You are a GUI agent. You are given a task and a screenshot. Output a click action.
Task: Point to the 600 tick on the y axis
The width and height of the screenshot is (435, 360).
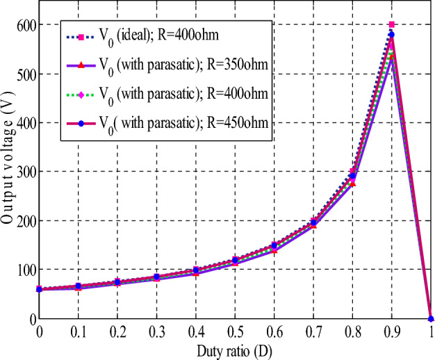pyautogui.click(x=21, y=25)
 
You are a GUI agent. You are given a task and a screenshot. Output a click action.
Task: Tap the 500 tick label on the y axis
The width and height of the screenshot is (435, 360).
pyautogui.click(x=21, y=74)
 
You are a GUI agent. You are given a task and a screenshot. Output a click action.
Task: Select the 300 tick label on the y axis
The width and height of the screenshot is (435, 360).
pyautogui.click(x=21, y=172)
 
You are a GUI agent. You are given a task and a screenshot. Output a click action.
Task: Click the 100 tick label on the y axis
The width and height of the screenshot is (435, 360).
pyautogui.click(x=21, y=270)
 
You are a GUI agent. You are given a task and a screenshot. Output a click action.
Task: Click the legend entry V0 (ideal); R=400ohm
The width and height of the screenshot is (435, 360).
pyautogui.click(x=167, y=38)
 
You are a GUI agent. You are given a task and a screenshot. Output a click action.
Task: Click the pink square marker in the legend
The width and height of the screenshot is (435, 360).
pyautogui.click(x=81, y=38)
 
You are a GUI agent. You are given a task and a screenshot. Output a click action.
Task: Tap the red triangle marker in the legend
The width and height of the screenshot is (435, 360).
pyautogui.click(x=81, y=67)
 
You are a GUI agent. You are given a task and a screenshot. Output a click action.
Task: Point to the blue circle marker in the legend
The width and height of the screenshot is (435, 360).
pyautogui.click(x=81, y=123)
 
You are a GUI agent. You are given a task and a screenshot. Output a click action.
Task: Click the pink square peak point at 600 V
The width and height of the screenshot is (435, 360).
pyautogui.click(x=392, y=25)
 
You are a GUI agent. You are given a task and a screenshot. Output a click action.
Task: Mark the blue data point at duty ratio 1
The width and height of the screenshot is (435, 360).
pyautogui.click(x=431, y=318)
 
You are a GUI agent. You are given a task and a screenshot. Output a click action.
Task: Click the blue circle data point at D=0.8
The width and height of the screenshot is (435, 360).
pyautogui.click(x=352, y=177)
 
